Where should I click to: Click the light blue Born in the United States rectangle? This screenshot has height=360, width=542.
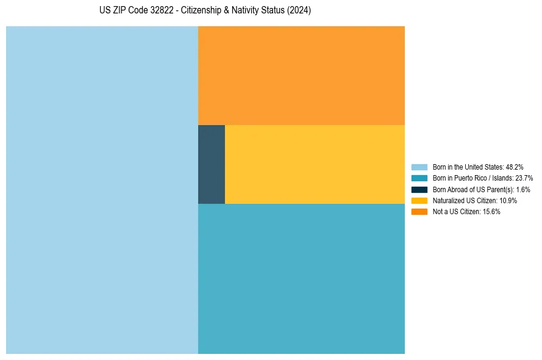(102, 190)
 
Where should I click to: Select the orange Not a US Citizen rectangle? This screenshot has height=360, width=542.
(301, 75)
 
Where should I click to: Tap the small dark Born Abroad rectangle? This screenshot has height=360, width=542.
(212, 164)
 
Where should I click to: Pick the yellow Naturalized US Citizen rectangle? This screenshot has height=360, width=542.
(315, 164)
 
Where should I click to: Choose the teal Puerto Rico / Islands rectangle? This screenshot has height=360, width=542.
(301, 278)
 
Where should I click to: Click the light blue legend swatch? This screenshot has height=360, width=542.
(419, 167)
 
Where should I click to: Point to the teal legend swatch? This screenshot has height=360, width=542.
(419, 178)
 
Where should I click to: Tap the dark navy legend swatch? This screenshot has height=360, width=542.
(419, 189)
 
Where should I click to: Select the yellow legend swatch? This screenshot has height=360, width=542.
(419, 200)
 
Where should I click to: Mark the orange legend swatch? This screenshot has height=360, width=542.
(419, 211)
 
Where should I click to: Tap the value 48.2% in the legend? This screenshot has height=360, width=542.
(515, 167)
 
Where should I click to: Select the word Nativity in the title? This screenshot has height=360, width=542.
(251, 11)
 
